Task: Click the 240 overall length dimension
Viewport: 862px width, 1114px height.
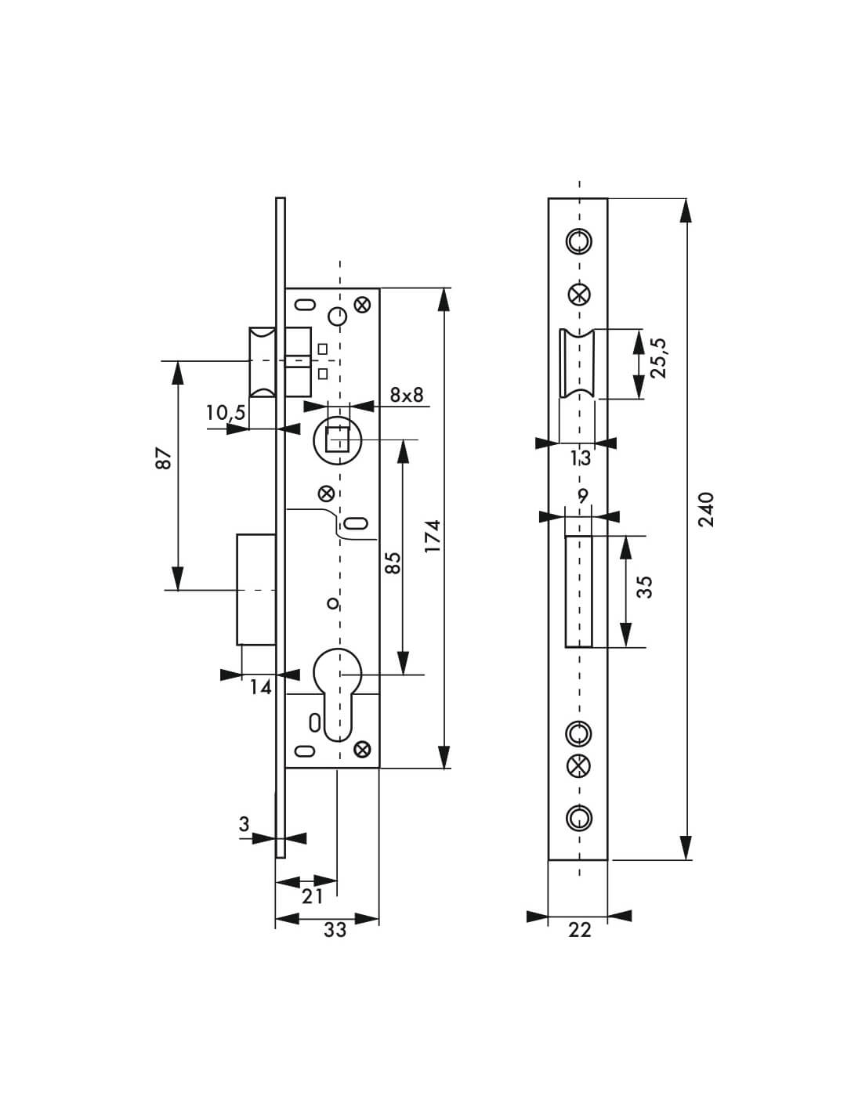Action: pos(706,509)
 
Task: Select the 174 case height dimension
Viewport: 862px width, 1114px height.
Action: pos(433,535)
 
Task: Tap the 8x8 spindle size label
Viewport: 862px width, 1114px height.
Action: pos(406,395)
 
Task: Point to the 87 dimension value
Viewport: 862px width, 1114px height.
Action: pos(163,458)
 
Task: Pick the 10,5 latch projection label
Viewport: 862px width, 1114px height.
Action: pos(226,413)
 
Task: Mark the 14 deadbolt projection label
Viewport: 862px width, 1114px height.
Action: pos(260,688)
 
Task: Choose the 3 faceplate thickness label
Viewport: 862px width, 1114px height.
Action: pos(244,824)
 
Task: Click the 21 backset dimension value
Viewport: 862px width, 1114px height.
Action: pos(312,896)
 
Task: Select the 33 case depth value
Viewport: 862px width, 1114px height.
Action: pos(335,930)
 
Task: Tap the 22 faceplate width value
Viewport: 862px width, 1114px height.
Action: pos(580,930)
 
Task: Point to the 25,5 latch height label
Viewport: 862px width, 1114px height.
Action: pos(657,358)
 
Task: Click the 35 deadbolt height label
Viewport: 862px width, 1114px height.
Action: pos(644,587)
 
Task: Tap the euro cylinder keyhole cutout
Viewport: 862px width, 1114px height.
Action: pos(339,689)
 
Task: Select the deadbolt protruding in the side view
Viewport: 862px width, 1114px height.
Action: pos(256,589)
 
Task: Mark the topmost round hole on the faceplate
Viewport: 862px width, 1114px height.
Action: pos(579,241)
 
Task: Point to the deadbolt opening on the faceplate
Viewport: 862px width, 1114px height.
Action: pos(579,591)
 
